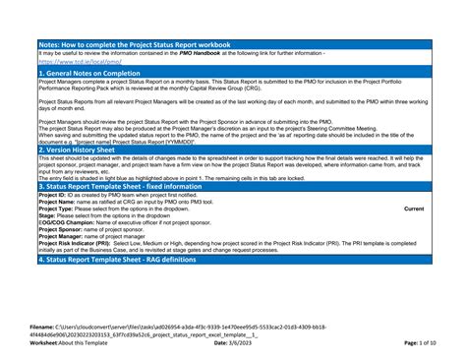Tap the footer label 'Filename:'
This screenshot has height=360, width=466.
click(x=42, y=325)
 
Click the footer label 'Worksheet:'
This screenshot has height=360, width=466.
click(x=45, y=342)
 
